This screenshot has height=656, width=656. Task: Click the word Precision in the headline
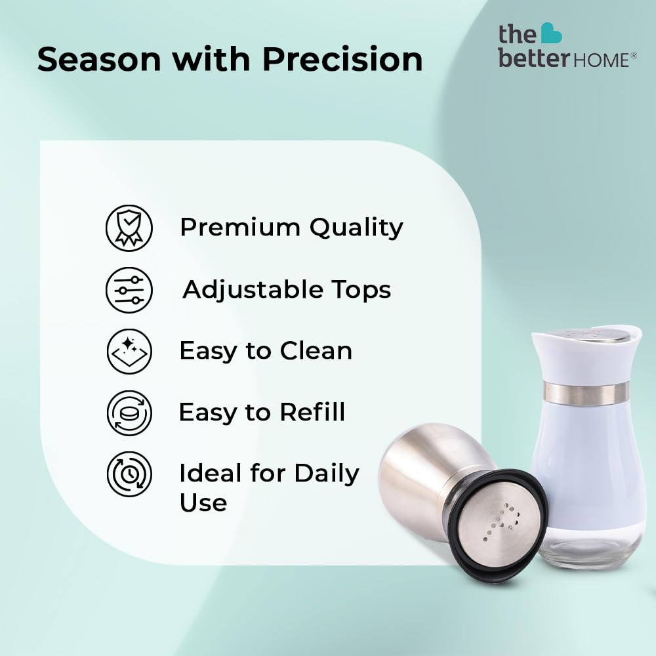click(342, 59)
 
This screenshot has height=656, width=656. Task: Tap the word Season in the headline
click(99, 59)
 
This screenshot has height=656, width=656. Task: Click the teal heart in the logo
click(551, 33)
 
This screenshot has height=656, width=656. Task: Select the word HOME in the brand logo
click(601, 60)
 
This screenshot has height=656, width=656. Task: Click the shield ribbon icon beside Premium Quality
click(129, 228)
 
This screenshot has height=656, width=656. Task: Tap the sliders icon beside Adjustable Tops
click(129, 290)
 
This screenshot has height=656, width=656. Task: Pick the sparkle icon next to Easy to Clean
click(129, 352)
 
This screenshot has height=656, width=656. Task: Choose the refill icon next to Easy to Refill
click(129, 413)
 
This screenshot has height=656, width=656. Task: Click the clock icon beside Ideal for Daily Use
click(129, 474)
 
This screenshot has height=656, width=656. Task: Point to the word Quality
click(356, 228)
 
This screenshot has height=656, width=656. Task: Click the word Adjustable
click(253, 290)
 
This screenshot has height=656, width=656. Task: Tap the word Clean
click(316, 350)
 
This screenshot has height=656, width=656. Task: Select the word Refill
click(312, 412)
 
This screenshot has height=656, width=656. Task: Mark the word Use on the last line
click(203, 502)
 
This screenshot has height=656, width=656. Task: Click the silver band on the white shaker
click(586, 393)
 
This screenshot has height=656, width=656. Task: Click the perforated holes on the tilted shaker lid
click(502, 522)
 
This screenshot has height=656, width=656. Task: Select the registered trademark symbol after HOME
click(634, 55)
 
